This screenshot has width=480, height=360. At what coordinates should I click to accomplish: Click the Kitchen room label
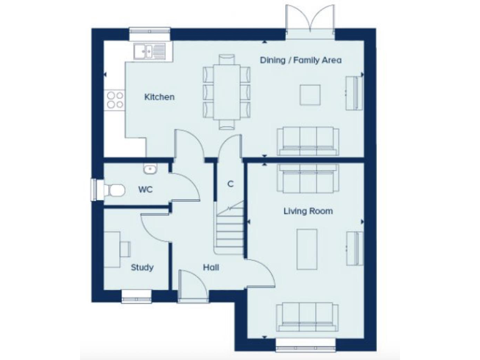(x=159, y=97)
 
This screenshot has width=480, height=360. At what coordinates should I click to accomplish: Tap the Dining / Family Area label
(x=301, y=60)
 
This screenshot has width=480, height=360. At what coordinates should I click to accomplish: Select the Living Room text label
(x=308, y=211)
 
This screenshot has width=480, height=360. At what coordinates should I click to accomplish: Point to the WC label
(x=145, y=189)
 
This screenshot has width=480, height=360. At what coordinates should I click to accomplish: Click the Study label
(x=142, y=267)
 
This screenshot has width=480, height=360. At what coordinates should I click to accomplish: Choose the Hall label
(x=211, y=267)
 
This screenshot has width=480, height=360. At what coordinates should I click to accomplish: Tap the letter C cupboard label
(x=230, y=184)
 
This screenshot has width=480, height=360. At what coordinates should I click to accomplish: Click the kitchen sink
(x=149, y=51)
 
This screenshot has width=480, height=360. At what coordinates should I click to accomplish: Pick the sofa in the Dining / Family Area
(x=308, y=141)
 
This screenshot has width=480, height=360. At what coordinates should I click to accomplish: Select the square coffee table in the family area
(x=311, y=95)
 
